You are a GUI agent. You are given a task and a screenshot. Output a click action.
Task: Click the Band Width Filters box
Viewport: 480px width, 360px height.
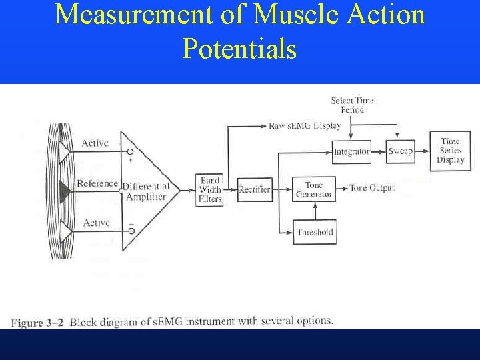[210, 189]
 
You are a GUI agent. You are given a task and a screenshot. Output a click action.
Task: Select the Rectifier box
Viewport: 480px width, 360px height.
[255, 189]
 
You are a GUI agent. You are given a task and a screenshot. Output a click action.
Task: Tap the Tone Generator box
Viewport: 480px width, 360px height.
[314, 189]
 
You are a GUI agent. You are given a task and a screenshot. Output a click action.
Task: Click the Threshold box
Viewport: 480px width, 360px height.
[315, 232]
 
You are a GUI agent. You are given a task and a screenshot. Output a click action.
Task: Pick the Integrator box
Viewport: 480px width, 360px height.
[351, 151]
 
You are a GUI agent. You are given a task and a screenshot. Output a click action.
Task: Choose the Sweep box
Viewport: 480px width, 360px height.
[401, 151]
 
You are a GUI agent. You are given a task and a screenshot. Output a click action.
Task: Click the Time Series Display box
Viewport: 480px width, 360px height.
[450, 151]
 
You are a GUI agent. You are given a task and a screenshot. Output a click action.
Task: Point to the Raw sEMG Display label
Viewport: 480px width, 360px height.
[304, 125]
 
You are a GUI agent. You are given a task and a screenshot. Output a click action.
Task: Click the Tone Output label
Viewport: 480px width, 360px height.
[372, 188]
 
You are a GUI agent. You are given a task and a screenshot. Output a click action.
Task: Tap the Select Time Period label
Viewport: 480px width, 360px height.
[352, 105]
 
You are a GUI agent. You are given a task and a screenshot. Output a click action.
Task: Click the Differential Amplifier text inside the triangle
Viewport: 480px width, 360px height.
[146, 191]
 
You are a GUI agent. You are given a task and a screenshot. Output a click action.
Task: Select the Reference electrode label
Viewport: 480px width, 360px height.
[97, 183]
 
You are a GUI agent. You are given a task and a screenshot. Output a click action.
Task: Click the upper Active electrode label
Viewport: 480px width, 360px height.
[95, 143]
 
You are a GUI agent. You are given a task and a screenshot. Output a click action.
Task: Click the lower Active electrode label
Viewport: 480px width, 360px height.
[96, 223]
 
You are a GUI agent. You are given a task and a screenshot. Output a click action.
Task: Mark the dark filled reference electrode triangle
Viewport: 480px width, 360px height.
[65, 191]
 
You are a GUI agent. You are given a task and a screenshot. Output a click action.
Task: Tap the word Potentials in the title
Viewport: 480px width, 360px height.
[239, 49]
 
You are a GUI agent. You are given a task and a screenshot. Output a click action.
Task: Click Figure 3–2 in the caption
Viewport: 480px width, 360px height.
[38, 323]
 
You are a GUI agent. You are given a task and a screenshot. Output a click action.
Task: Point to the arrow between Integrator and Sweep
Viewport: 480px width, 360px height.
[379, 151]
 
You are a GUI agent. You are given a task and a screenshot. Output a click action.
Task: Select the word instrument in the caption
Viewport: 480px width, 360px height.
[211, 321]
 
